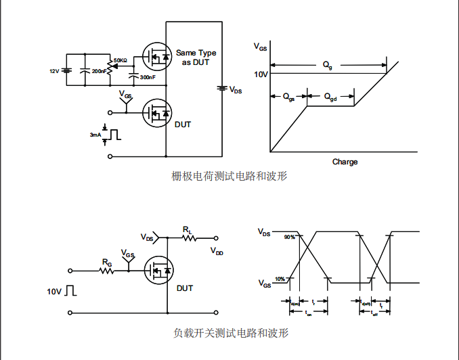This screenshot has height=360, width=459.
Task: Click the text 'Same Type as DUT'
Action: point(196,58)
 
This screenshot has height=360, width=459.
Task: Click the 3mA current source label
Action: point(95,135)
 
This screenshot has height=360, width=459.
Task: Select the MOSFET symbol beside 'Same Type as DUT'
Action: point(156,57)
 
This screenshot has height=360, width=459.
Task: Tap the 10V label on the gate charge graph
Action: point(261,74)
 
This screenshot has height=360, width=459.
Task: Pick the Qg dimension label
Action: point(328,65)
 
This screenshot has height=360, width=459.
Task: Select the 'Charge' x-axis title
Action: point(345,162)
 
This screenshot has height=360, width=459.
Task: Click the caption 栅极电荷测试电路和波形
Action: point(230,177)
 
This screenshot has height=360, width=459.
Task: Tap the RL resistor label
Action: point(188,231)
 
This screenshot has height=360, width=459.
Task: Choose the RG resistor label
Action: point(107,262)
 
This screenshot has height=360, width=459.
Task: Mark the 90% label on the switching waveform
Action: point(289,238)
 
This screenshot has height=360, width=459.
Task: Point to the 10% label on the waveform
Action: point(280,279)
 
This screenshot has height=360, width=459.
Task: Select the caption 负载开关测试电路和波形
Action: point(230,334)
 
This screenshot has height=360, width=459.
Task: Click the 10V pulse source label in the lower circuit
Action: point(54,292)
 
